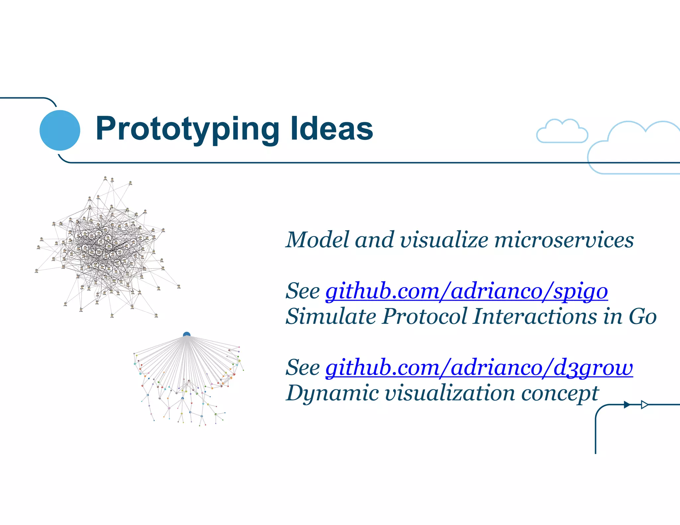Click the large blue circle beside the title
60,130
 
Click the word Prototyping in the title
188,129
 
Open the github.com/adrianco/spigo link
466,291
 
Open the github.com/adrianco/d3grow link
479,368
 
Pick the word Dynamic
332,394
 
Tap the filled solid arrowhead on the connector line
627,405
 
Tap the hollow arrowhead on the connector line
644,405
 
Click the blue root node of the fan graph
187,335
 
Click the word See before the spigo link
302,291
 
